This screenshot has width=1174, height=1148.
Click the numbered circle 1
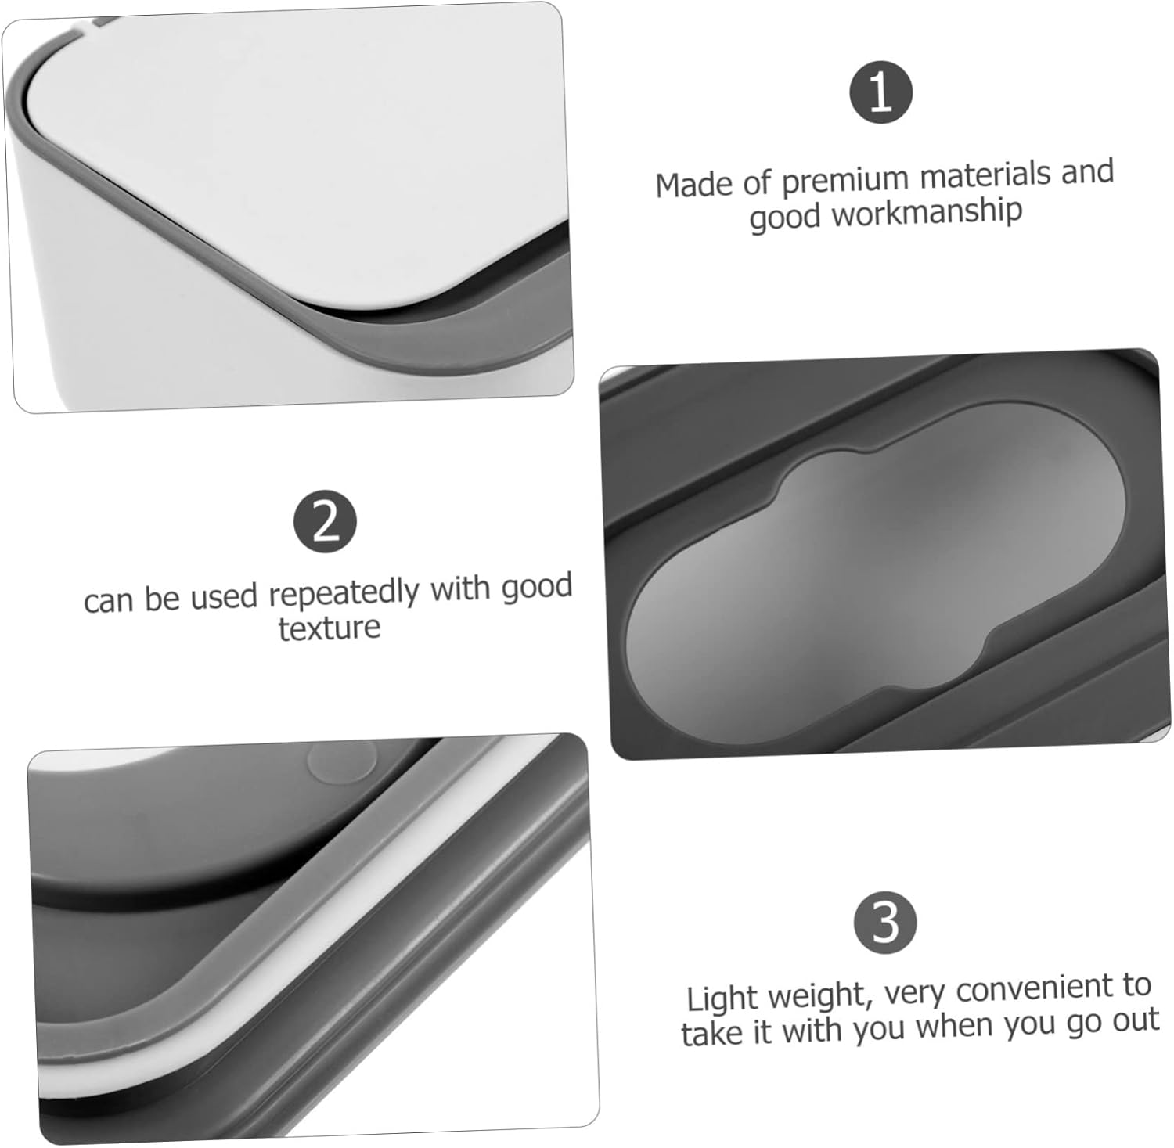pos(880,92)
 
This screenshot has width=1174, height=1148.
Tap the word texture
pos(330,628)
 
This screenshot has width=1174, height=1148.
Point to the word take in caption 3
pos(713,1032)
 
